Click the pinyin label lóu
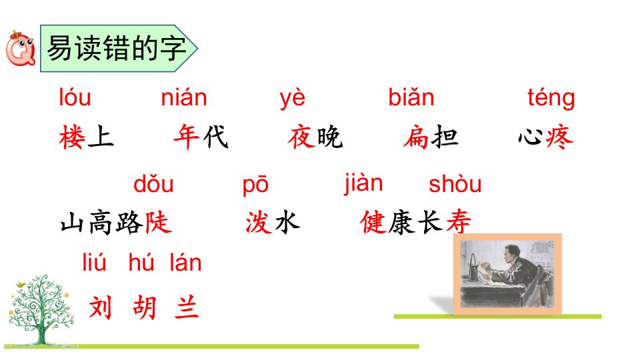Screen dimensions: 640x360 pos(75,97)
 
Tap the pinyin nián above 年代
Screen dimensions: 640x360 pos(184,97)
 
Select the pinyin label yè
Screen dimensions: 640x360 pos(292,99)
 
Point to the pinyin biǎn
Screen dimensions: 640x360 pos(411,97)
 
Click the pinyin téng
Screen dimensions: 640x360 pos(551,98)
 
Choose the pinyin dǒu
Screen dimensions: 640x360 pos(153,184)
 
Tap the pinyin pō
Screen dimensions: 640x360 pos(255,185)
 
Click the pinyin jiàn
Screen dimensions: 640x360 pos(363,184)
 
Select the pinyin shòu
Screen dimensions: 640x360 pos(455,184)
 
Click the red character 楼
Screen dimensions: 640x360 pos(72,137)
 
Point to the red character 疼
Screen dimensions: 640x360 pos(559,137)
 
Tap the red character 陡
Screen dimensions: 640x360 pos(158,223)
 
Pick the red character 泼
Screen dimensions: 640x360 pos(259,223)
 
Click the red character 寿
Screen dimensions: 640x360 pos(459,222)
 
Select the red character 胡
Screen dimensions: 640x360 pos(145,307)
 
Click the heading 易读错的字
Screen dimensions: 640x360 pos(116,49)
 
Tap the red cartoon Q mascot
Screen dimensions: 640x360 pos(21,49)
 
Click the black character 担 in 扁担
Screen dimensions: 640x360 pos(445,137)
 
